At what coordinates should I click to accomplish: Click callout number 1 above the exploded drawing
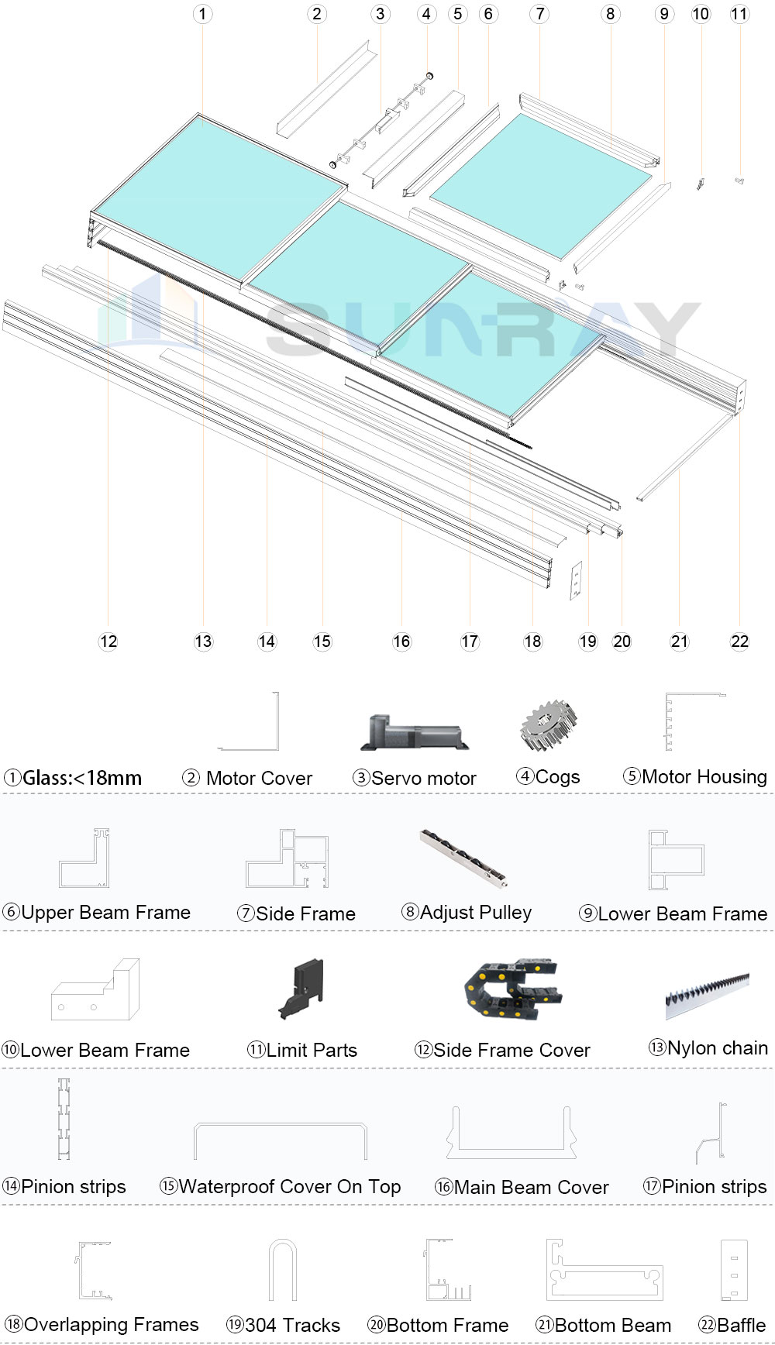click(x=202, y=14)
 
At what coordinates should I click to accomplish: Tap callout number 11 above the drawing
click(x=739, y=14)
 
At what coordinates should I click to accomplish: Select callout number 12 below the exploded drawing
click(x=108, y=642)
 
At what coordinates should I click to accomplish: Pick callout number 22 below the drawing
click(x=739, y=642)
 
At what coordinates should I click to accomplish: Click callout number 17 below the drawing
click(x=470, y=642)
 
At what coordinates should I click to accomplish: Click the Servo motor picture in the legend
click(x=415, y=732)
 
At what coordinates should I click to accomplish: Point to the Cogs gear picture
click(x=549, y=726)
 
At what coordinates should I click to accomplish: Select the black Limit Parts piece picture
click(x=301, y=989)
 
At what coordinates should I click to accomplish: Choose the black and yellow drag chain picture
click(x=512, y=989)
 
